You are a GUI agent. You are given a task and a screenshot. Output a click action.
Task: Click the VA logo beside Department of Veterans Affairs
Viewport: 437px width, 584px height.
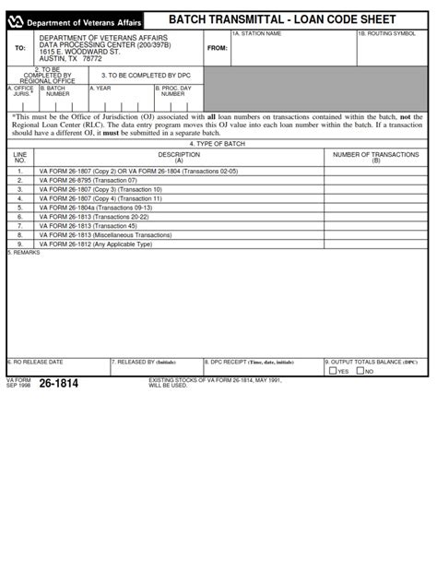(x=15, y=19)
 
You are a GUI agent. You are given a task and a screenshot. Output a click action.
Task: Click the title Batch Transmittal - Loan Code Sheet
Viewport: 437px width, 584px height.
(x=281, y=19)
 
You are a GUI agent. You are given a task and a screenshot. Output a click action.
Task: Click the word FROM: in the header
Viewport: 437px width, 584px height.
(x=217, y=48)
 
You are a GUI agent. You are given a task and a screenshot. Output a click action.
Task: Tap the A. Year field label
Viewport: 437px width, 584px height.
(x=100, y=89)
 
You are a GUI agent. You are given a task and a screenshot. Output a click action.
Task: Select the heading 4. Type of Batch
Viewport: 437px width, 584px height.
(x=218, y=144)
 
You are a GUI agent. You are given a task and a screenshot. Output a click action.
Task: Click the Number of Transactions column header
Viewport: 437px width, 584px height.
(x=375, y=158)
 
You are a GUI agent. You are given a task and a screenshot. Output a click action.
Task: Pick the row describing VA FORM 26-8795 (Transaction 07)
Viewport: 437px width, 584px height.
(x=88, y=180)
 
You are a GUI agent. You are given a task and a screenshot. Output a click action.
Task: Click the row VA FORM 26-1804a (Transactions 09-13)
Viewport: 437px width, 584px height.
(x=96, y=208)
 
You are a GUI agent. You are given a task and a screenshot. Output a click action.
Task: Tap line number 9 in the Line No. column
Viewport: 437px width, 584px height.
(x=20, y=244)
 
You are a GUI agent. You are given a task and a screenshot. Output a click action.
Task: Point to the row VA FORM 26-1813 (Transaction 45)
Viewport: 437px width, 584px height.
(x=88, y=226)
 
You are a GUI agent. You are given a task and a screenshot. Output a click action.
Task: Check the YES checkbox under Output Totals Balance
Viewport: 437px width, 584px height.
(x=333, y=372)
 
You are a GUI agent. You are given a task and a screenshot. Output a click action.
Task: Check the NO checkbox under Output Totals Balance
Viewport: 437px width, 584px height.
(x=359, y=372)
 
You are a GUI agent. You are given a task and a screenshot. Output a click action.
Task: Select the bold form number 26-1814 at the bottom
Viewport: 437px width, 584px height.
(x=58, y=384)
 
